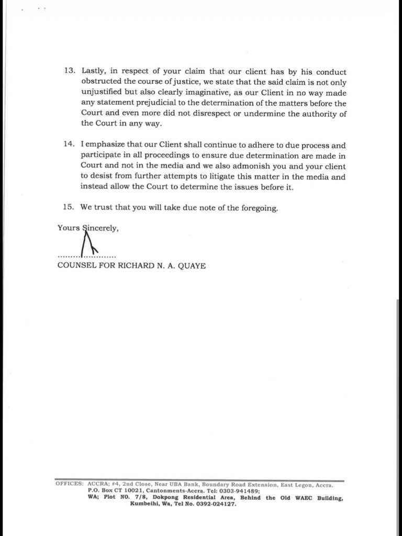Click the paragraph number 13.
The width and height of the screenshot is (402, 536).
70,72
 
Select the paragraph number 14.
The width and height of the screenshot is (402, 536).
70,145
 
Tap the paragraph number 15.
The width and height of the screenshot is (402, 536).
70,207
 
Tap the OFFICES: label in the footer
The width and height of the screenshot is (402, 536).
70,485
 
